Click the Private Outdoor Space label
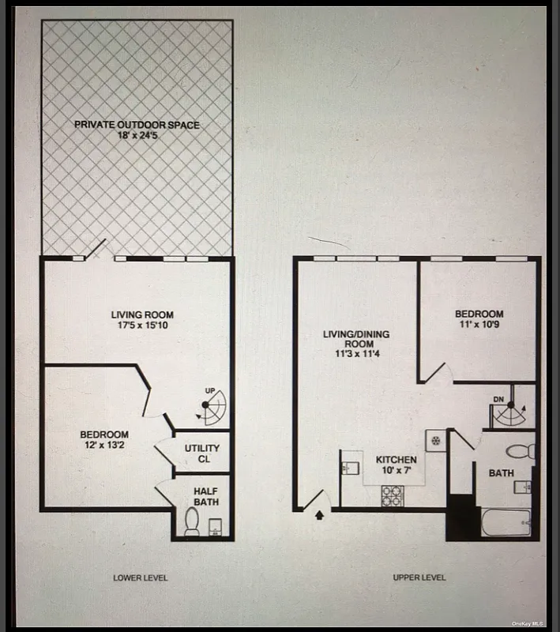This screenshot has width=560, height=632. pyautogui.click(x=137, y=125)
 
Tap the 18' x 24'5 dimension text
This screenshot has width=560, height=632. pyautogui.click(x=137, y=136)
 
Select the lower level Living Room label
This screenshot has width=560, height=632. pyautogui.click(x=142, y=315)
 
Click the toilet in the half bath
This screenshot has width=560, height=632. pyautogui.click(x=192, y=522)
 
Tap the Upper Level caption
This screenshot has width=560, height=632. pyautogui.click(x=419, y=577)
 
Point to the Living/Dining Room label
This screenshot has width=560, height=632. pyautogui.click(x=356, y=340)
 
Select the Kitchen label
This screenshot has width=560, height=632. pyautogui.click(x=395, y=460)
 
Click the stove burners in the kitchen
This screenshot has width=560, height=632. pyautogui.click(x=393, y=495)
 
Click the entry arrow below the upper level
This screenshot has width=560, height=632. pyautogui.click(x=319, y=516)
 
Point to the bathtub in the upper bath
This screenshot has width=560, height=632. pyautogui.click(x=506, y=523)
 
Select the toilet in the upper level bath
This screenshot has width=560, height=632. pyautogui.click(x=522, y=451)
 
